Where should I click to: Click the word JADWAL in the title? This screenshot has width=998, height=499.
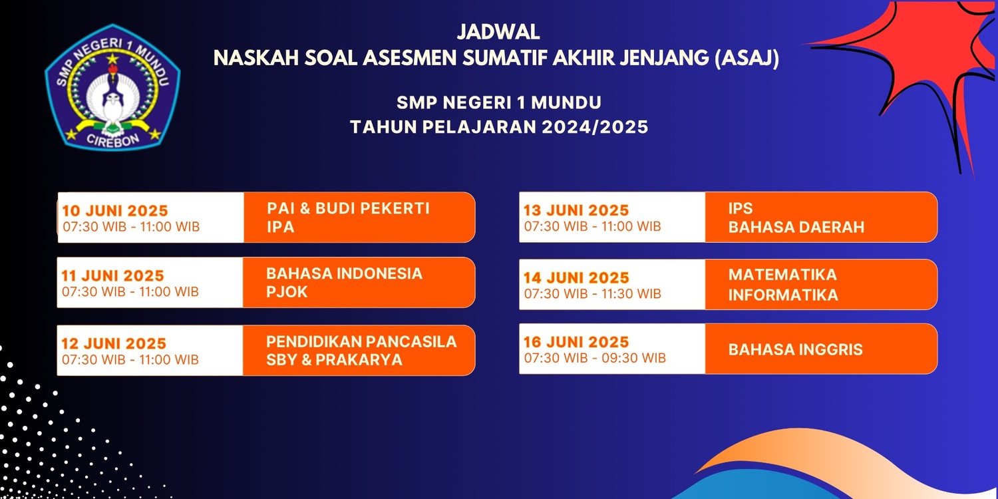point(498,32)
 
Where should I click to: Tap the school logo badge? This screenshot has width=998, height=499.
point(112,87)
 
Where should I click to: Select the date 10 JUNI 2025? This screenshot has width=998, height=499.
point(115,211)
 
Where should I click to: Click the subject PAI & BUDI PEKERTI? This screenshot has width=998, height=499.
point(348,208)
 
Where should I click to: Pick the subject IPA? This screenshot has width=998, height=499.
point(281,228)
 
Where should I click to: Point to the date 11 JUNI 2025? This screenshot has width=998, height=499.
point(112,276)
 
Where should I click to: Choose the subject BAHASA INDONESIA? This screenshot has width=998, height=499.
point(344,273)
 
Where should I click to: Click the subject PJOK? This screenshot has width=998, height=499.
point(287,292)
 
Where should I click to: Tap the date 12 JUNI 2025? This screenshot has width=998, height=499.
point(114,343)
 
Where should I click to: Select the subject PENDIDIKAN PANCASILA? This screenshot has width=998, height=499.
point(361,342)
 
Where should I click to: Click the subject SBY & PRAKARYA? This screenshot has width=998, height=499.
point(334,360)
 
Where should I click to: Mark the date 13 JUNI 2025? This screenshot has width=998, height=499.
point(576,210)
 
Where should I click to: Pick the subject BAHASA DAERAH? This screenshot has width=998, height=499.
point(796,228)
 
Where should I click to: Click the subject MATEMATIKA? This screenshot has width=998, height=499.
point(782,275)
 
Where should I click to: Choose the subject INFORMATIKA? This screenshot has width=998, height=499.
point(783,295)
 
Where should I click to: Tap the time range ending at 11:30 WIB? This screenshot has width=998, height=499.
point(593,294)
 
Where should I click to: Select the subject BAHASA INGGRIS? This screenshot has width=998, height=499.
point(795,350)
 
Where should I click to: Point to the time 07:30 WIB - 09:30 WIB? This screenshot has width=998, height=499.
point(595,358)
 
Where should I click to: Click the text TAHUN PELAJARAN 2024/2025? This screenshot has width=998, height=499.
point(499,128)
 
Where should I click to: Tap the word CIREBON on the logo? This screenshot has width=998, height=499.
point(112,140)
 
